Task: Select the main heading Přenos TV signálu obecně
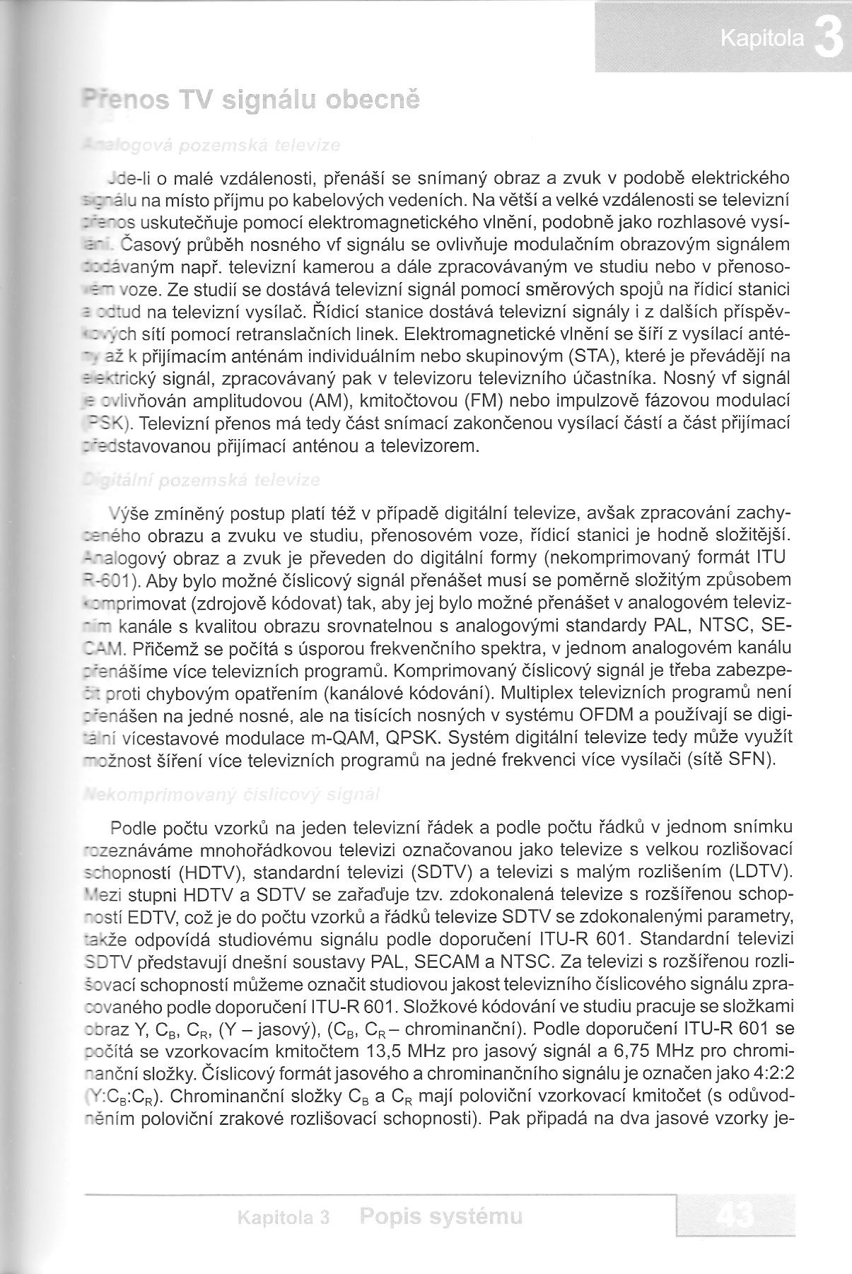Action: click(x=251, y=100)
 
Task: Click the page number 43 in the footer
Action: click(x=736, y=1217)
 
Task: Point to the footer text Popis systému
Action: click(x=441, y=1216)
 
